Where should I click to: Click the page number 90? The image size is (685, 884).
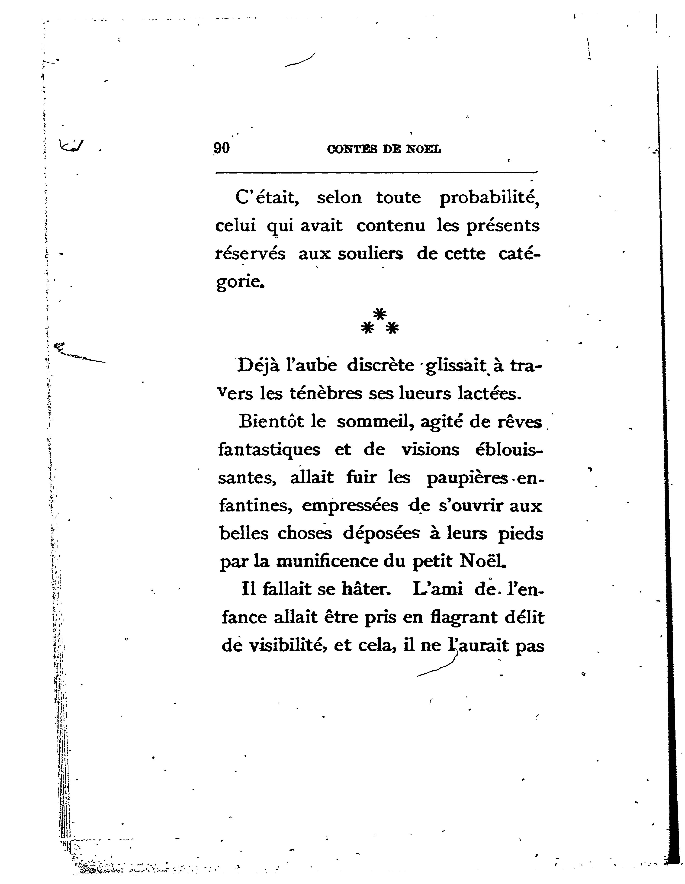(x=222, y=148)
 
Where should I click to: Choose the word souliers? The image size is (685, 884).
(x=370, y=254)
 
